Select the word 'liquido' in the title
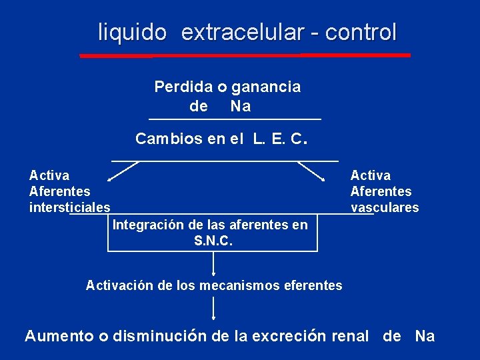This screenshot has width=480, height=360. coord(132,32)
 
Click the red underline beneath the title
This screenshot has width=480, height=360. coord(245,55)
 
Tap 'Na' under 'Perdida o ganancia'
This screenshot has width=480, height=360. coord(241,106)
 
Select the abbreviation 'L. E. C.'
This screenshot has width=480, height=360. coord(279,139)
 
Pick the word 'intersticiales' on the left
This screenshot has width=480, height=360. coord(70,207)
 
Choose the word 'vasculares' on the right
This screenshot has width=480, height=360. coord(385,207)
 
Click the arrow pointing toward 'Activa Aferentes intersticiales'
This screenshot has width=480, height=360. coord(123,171)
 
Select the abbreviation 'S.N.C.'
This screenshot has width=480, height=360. coord(213,241)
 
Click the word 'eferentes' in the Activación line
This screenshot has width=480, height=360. coord(313,286)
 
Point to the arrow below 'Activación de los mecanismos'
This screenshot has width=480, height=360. coord(213,309)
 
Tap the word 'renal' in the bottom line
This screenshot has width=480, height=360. coord(350,336)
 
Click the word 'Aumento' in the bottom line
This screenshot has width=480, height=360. coord(59,336)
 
